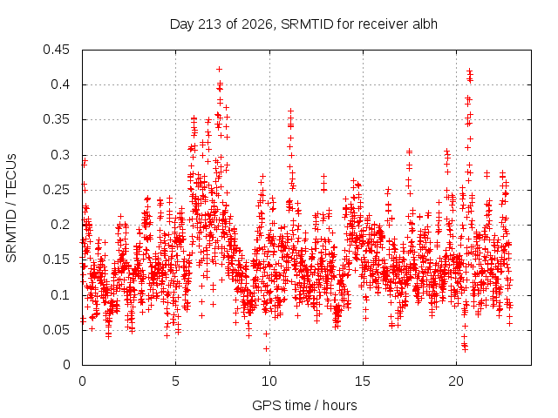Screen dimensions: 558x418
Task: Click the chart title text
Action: pyautogui.click(x=303, y=24)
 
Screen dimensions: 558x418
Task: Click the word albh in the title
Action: pyautogui.click(x=425, y=24)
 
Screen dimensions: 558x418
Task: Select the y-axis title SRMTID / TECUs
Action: pyautogui.click(x=11, y=208)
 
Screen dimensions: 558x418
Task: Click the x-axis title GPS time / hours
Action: pyautogui.click(x=304, y=405)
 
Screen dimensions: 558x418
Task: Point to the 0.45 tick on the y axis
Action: pyautogui.click(x=56, y=50)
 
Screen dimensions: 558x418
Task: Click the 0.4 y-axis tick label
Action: pyautogui.click(x=60, y=84)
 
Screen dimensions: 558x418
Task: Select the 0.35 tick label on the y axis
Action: pyautogui.click(x=56, y=119)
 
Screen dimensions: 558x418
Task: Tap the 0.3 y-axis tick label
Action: pyautogui.click(x=60, y=155)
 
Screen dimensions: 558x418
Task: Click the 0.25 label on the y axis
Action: pyautogui.click(x=56, y=190)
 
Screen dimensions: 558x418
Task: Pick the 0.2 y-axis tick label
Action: pyautogui.click(x=60, y=225)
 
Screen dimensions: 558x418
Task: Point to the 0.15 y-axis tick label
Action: pyautogui.click(x=56, y=260)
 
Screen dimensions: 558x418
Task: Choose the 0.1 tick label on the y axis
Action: pyautogui.click(x=60, y=294)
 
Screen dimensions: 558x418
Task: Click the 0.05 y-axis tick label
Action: pyautogui.click(x=56, y=329)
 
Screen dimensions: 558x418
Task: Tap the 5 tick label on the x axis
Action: pyautogui.click(x=176, y=381)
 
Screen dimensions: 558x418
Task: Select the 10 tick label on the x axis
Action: pyautogui.click(x=269, y=381)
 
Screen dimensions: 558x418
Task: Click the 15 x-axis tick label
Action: pyautogui.click(x=363, y=381)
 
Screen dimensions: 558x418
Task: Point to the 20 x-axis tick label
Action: pyautogui.click(x=456, y=381)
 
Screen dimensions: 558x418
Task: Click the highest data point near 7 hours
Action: pyautogui.click(x=219, y=69)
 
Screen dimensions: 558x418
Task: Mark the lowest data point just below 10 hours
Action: pyautogui.click(x=266, y=348)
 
